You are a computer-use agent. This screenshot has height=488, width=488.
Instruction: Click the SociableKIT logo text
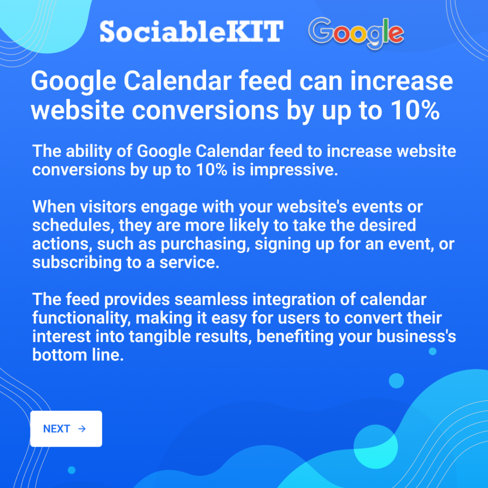[x=192, y=31]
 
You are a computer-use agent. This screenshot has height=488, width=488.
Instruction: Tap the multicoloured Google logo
[x=356, y=33]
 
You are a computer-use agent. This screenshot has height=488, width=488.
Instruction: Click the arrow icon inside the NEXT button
[x=82, y=429]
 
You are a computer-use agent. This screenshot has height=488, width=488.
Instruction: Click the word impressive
[x=294, y=170]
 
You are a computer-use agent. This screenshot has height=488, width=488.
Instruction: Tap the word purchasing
[x=205, y=244]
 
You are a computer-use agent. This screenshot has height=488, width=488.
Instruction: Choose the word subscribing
[x=77, y=263]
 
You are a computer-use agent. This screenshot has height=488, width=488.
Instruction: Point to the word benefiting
[x=295, y=337]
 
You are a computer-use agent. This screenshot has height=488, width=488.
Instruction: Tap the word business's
[x=417, y=336]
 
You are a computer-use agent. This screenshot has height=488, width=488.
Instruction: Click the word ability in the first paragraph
[x=89, y=152]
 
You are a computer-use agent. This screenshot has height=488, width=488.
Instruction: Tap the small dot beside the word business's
[x=433, y=351]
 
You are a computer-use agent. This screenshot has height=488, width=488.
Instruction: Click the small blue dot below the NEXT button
[x=71, y=470]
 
